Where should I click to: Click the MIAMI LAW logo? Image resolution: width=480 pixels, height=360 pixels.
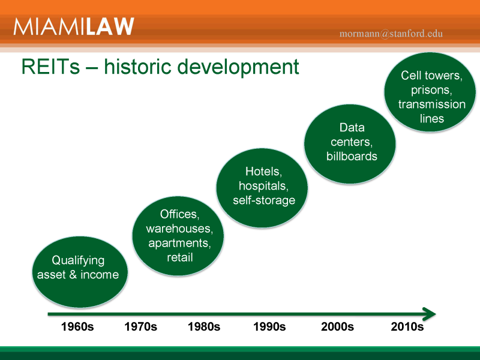[74, 26]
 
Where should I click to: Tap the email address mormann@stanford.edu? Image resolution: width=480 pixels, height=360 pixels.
[391, 34]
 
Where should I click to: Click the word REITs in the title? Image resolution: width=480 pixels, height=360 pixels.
[50, 67]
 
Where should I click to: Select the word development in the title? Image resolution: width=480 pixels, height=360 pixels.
[238, 67]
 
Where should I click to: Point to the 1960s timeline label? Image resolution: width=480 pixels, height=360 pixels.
[77, 326]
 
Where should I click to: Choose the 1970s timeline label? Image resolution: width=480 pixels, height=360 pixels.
[141, 326]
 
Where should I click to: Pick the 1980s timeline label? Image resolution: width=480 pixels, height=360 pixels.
[204, 326]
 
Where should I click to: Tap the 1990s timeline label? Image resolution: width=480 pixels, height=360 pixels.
[269, 326]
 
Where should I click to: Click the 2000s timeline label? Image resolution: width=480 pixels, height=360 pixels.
[337, 326]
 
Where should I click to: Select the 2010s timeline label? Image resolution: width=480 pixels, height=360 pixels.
[407, 326]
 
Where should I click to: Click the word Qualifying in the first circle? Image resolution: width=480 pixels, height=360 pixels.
[78, 261]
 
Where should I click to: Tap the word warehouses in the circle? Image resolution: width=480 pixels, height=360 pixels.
[179, 229]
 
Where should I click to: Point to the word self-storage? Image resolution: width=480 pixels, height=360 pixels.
[264, 200]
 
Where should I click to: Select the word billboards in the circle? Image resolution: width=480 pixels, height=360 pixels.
[352, 156]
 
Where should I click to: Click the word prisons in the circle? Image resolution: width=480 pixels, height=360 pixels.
[431, 91]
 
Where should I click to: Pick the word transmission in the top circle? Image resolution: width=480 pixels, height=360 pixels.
[431, 104]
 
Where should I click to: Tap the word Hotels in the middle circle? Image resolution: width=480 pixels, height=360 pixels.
[263, 172]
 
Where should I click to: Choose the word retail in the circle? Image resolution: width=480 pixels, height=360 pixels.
[179, 257]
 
